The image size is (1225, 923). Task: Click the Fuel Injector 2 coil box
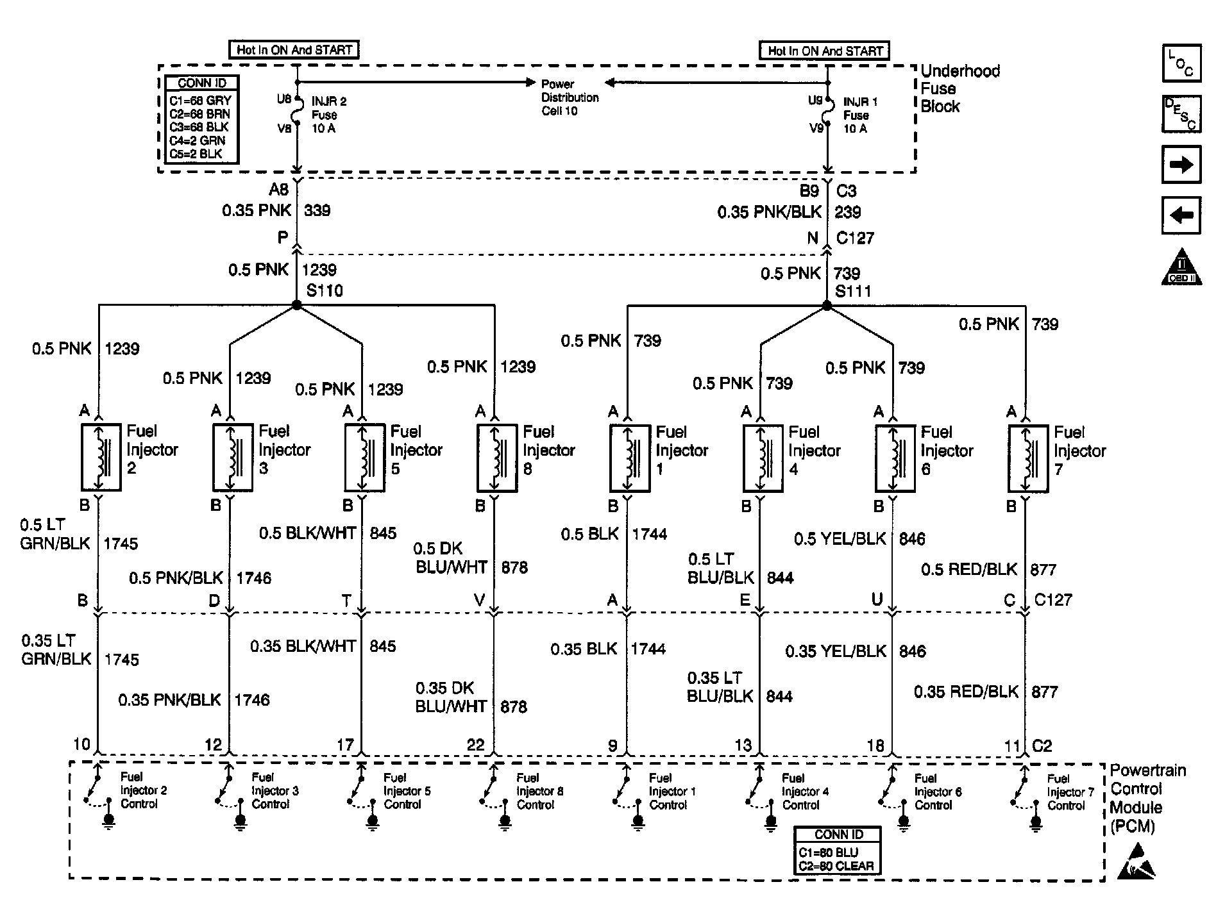tap(101, 457)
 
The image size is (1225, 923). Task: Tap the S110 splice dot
tap(296, 306)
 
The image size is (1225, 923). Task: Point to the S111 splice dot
tap(827, 306)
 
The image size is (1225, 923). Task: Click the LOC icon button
tap(1181, 63)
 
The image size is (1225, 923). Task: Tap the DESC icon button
tap(1181, 114)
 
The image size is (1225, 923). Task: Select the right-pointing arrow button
tap(1181, 165)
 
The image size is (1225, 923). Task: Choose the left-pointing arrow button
tap(1181, 215)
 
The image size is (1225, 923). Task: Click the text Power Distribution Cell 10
tap(570, 97)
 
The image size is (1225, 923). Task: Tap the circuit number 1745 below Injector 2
tap(121, 544)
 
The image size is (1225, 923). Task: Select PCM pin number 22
tap(476, 745)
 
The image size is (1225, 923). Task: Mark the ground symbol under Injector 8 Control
tap(505, 820)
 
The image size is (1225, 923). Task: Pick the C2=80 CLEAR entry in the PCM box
tap(836, 866)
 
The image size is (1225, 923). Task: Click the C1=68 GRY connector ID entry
tap(200, 101)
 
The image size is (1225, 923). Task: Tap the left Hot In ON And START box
tap(294, 50)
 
